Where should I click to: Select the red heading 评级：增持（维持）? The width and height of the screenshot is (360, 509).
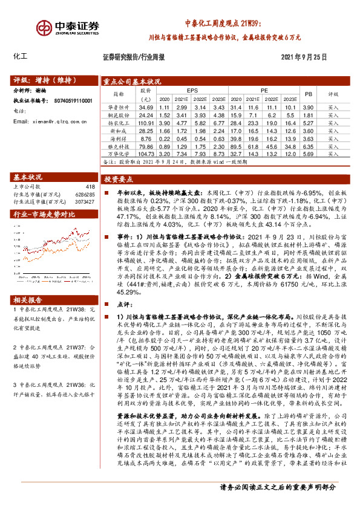click(41, 80)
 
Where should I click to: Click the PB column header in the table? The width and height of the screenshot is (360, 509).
click(308, 94)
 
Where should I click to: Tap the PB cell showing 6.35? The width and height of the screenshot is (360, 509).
click(307, 146)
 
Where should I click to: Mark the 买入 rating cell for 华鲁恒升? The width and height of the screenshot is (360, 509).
click(333, 106)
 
